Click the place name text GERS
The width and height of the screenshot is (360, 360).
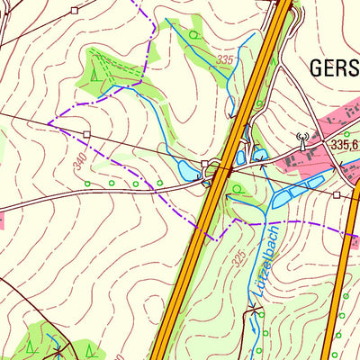(333, 67)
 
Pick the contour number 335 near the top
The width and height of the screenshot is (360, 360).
(225, 60)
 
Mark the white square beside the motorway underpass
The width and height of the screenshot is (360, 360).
(205, 165)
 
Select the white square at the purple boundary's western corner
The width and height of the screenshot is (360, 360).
(87, 134)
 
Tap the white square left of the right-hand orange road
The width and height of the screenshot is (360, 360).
(336, 193)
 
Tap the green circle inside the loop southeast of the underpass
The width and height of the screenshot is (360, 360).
(236, 189)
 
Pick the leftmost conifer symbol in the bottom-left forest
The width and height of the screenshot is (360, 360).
(31, 345)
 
